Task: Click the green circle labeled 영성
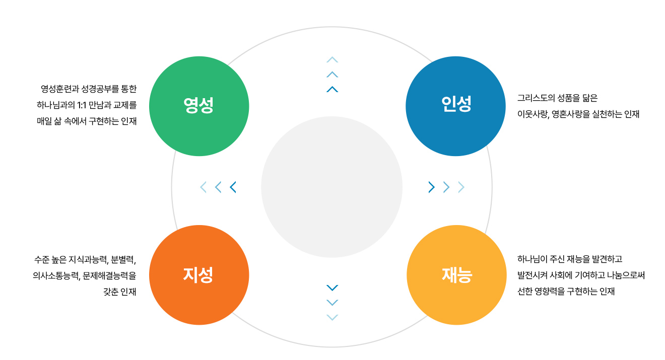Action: pos(199,106)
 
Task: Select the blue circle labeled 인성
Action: pos(455,106)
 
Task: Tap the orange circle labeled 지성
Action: pos(199,275)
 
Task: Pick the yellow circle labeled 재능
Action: pos(456,275)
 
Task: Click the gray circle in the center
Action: pos(331,187)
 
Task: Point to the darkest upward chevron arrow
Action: pos(332,89)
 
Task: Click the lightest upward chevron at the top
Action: pos(332,59)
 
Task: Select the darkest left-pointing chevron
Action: pos(233,187)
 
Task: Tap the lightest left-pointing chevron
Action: pos(204,187)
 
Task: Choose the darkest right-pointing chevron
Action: pos(431,187)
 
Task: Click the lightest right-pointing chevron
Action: pos(461,187)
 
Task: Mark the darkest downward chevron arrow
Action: pos(332,287)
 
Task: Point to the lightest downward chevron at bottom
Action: pos(332,317)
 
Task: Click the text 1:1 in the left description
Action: pos(81,105)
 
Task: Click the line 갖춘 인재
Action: pos(119,292)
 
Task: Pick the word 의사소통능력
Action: pos(56,276)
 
